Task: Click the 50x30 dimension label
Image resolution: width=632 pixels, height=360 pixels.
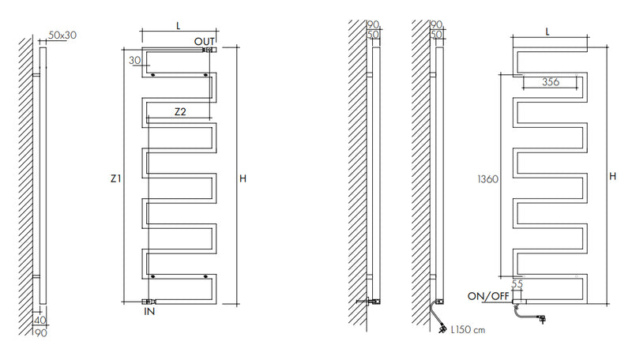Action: point(62,35)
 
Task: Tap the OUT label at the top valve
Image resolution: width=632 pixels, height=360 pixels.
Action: point(205,42)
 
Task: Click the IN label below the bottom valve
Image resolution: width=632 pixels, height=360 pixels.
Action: point(149,311)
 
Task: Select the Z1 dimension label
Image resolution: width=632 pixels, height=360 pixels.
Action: point(115,178)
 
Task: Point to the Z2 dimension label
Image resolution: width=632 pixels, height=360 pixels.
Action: point(180,111)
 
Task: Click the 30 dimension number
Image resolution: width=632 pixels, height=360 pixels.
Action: point(135,61)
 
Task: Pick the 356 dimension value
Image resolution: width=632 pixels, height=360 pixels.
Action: point(551,82)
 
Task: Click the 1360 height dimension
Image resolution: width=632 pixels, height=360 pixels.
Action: point(487,178)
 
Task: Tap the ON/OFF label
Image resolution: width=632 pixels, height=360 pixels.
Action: point(488,296)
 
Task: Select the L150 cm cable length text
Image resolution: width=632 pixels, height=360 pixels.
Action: point(468,330)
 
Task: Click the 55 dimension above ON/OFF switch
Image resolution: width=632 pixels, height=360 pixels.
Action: point(517,284)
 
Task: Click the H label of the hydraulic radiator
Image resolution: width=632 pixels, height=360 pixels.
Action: point(243,178)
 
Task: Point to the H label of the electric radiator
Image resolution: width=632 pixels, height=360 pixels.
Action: point(613,176)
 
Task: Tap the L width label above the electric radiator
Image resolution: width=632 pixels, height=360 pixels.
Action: point(547,32)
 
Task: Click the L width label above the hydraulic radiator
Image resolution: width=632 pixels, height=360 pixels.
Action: point(179,26)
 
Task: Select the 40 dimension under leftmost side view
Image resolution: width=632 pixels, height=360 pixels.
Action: point(40,321)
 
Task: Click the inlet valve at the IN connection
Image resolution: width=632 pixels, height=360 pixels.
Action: point(150,302)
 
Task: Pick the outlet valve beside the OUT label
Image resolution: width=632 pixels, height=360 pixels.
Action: point(209,50)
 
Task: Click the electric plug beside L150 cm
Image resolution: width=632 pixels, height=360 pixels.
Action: point(442,328)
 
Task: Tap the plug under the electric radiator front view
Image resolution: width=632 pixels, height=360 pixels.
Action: point(542,320)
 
